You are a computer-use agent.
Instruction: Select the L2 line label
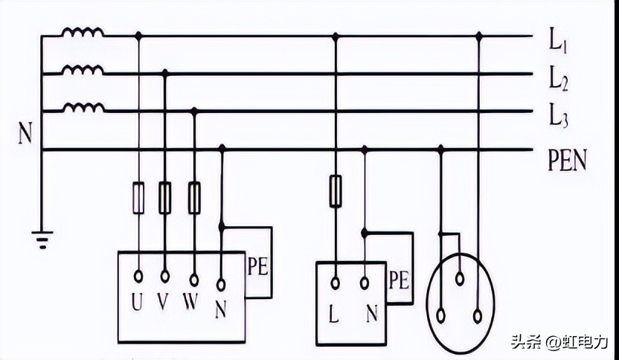click(x=558, y=78)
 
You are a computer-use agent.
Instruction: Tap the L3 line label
click(x=558, y=117)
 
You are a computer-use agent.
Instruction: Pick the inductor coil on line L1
click(x=83, y=33)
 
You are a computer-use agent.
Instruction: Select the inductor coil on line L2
click(x=83, y=71)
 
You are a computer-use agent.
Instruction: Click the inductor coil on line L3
click(x=83, y=108)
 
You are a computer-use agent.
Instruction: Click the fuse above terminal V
click(x=165, y=196)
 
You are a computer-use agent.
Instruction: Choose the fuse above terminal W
click(x=194, y=196)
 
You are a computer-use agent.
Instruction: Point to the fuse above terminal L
click(x=335, y=190)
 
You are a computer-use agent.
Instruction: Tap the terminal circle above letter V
click(x=165, y=277)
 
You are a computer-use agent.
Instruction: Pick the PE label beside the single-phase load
click(x=399, y=280)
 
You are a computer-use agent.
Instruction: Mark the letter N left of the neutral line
click(x=25, y=135)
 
